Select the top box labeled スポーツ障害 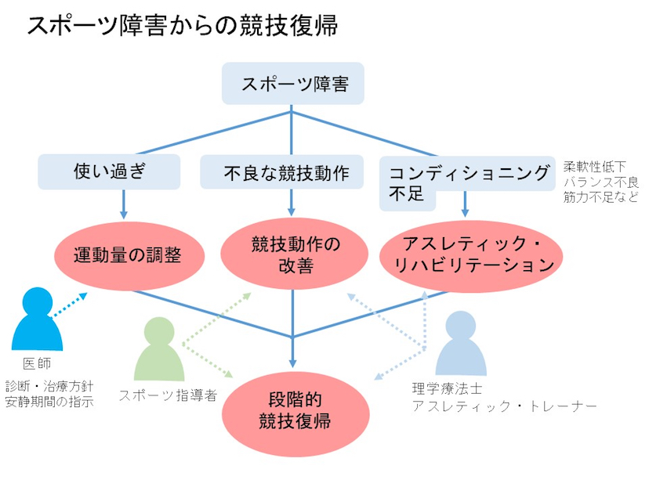tap(293, 84)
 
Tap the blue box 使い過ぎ tap(109, 170)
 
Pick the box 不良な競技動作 tap(292, 171)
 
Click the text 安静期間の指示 tap(49, 402)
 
